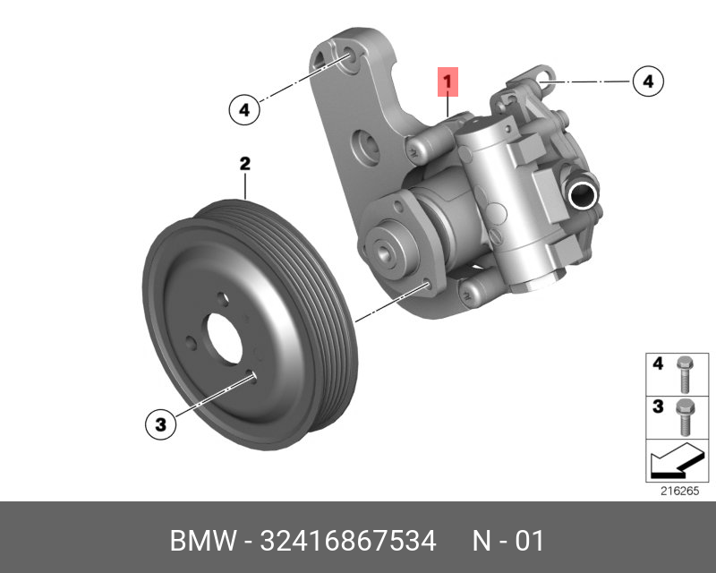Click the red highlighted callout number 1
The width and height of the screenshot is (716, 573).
tap(447, 81)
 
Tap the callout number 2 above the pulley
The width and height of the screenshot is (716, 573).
tap(245, 164)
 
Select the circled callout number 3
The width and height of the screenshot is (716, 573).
tap(161, 424)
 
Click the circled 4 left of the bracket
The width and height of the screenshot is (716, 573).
tap(244, 110)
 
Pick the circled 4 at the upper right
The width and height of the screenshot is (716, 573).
tap(648, 81)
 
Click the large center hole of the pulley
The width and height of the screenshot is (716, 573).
tap(225, 338)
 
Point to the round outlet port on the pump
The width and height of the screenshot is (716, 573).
tap(583, 193)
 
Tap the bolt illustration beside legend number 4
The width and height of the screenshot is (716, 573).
tap(685, 374)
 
